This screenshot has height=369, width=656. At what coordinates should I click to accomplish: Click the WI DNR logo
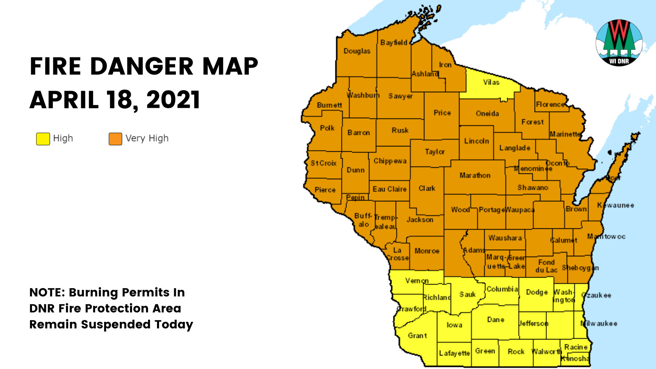[x=619, y=43]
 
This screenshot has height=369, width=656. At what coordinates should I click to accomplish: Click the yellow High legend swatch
[x=43, y=139]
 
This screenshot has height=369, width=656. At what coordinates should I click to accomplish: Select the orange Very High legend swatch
[x=115, y=139]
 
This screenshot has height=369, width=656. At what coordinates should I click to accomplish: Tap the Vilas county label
[x=491, y=82]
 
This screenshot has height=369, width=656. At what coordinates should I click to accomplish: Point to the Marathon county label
[x=475, y=175]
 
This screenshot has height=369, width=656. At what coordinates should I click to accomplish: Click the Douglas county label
[x=357, y=51]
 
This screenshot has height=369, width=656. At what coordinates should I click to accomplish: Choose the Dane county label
[x=495, y=320]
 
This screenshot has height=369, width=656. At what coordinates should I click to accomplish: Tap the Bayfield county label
[x=394, y=43]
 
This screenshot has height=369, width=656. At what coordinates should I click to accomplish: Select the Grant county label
[x=417, y=335]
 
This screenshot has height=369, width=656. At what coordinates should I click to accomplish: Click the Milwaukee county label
[x=599, y=323]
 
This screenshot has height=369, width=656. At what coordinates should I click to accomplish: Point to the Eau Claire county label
[x=389, y=189]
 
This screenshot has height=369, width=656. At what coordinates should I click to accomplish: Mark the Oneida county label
[x=487, y=114]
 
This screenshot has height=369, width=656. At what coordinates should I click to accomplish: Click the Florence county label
[x=550, y=105]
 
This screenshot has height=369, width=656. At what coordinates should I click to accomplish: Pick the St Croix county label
[x=323, y=163]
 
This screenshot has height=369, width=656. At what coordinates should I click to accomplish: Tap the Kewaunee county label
[x=615, y=205]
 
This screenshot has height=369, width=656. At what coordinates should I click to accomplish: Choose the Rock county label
[x=516, y=351]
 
